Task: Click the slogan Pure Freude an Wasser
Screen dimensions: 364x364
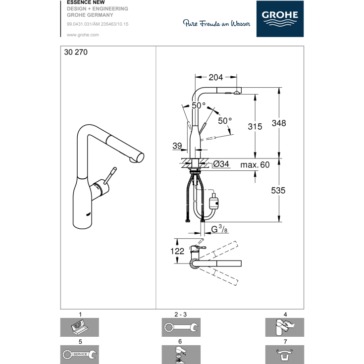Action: pos(216,23)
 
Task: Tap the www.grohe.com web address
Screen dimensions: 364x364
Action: pos(83,35)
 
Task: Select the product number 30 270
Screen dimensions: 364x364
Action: pos(76,53)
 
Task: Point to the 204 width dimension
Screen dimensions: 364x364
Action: pos(215,77)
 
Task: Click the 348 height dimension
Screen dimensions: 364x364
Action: pos(279,123)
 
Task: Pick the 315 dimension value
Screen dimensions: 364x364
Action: pos(255,127)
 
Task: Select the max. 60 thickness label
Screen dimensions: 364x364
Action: pos(255,164)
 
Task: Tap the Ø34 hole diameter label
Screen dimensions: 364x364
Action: pos(221,164)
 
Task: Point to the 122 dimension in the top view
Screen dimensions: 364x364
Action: pos(177,252)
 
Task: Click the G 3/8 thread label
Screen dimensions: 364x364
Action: pos(218,229)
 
